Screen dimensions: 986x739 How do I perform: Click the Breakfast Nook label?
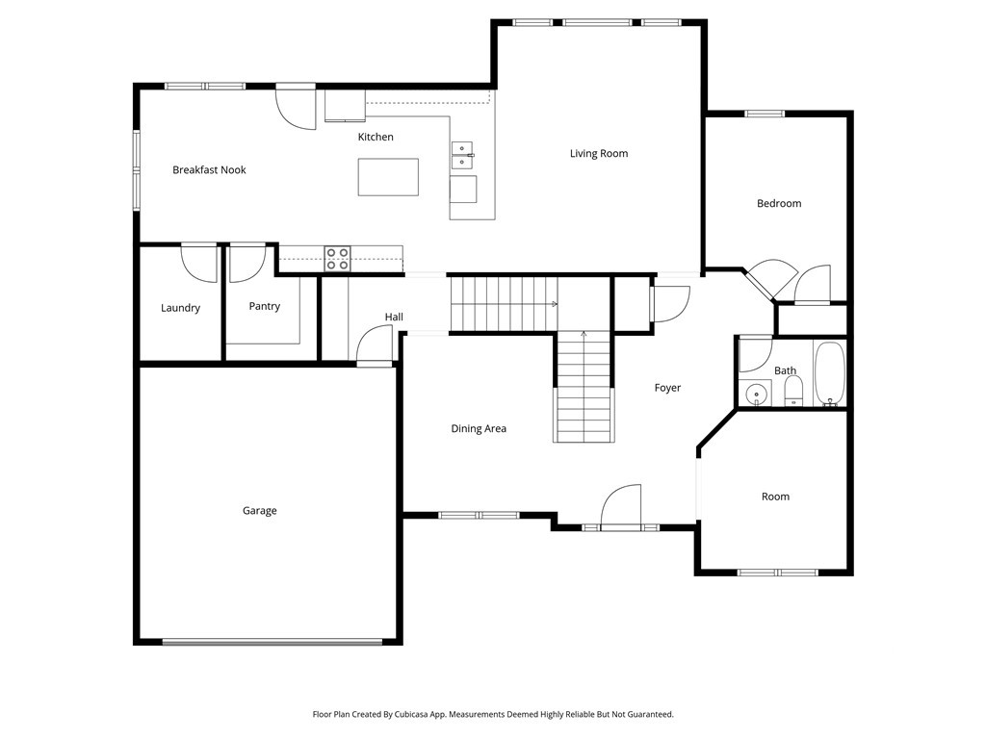(x=209, y=169)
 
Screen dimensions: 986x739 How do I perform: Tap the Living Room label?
(x=599, y=153)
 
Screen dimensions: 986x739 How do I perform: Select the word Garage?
(x=260, y=511)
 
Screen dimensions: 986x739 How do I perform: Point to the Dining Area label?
(x=479, y=428)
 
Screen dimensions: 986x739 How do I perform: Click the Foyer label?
(x=667, y=388)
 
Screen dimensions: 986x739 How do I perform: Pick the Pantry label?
(x=264, y=306)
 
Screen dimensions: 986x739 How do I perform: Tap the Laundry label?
(x=180, y=308)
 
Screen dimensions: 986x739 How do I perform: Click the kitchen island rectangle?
(x=388, y=177)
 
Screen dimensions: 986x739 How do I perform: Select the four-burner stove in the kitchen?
(x=337, y=259)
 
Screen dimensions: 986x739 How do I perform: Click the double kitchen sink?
(x=462, y=155)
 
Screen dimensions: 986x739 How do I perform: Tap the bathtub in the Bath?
(x=830, y=374)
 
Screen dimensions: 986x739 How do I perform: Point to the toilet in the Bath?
(x=794, y=392)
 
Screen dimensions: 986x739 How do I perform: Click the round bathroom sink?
(x=756, y=394)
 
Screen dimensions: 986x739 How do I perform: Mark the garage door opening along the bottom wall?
(x=272, y=642)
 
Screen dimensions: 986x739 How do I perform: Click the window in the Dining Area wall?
(x=480, y=516)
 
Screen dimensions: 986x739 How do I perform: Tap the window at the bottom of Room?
(x=778, y=573)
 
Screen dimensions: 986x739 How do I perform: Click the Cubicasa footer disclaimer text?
(x=493, y=715)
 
